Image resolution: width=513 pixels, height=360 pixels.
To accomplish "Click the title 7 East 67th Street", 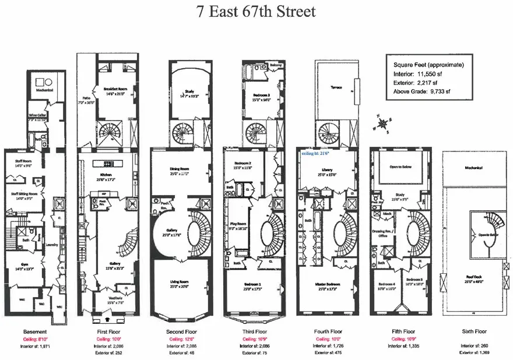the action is click(256, 11).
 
